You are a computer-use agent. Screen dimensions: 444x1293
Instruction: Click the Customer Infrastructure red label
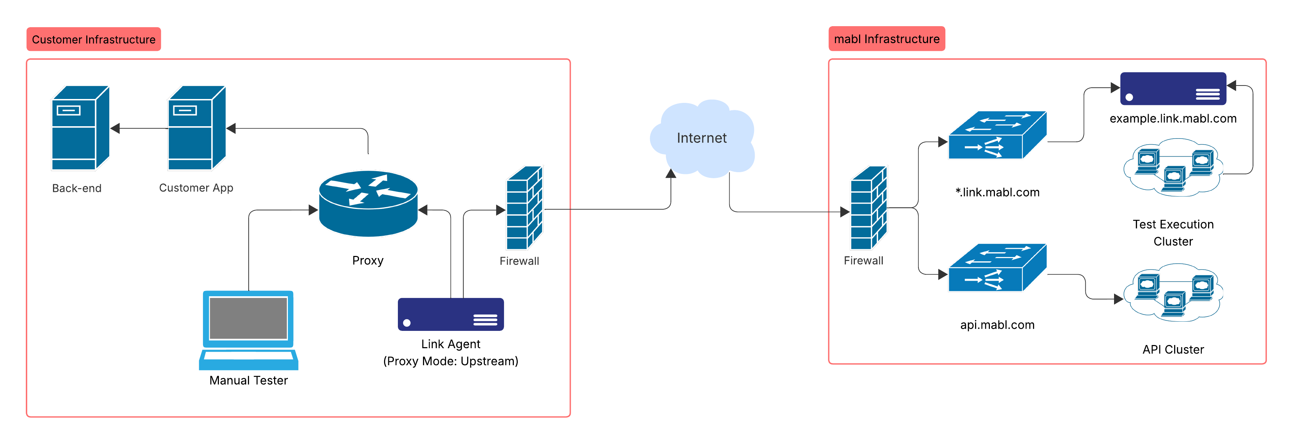pyautogui.click(x=93, y=39)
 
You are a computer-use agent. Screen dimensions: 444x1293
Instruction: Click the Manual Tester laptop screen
pyautogui.click(x=248, y=318)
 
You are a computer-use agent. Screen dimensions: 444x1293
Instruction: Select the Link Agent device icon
pyautogui.click(x=450, y=315)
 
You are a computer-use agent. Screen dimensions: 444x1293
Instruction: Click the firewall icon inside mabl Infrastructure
pyautogui.click(x=868, y=208)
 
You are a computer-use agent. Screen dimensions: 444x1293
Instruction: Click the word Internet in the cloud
pyautogui.click(x=701, y=138)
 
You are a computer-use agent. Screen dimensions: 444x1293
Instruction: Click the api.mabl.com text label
pyautogui.click(x=997, y=325)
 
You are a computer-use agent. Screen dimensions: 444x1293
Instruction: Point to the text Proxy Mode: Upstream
pyautogui.click(x=450, y=361)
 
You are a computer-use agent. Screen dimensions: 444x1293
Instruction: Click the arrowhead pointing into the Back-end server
pyautogui.click(x=115, y=128)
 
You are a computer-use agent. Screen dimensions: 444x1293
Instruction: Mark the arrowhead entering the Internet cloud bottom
pyautogui.click(x=671, y=174)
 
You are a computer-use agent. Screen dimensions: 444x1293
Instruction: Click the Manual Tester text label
pyautogui.click(x=249, y=380)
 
